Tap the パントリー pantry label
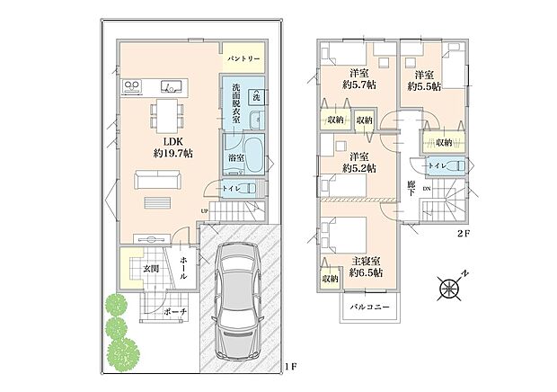click(243, 58)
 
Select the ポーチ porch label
click(177, 312)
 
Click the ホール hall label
click(183, 266)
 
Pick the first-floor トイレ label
click(230, 188)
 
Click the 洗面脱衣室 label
click(236, 102)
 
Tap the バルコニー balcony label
click(368, 307)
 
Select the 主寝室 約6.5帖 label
click(367, 266)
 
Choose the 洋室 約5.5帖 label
click(424, 81)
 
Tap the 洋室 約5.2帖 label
click(358, 162)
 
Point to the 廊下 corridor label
click(411, 190)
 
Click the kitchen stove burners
click(132, 87)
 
